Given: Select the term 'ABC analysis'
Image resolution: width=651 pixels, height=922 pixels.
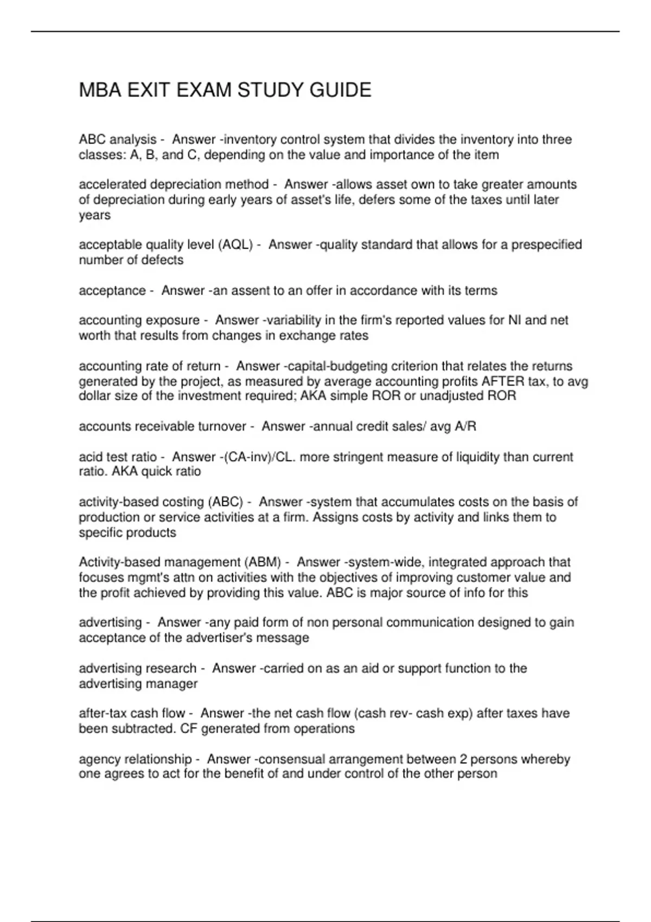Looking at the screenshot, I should [x=117, y=140].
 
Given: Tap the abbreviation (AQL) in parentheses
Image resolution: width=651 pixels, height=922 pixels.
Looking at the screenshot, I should [x=235, y=245].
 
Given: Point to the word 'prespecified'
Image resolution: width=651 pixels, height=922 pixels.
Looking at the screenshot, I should [x=547, y=245].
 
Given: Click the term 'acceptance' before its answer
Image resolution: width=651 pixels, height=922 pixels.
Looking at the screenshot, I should [x=112, y=291].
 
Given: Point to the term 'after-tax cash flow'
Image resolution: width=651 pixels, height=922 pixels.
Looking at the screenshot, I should [x=132, y=714].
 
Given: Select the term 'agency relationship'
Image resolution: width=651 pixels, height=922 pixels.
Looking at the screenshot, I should [x=135, y=759].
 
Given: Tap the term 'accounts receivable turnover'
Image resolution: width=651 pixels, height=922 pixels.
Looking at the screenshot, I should [x=162, y=427].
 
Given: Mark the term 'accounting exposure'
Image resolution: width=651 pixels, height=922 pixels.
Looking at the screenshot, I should [x=139, y=321].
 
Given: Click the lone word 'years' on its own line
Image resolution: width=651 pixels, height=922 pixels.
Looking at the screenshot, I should [x=94, y=215].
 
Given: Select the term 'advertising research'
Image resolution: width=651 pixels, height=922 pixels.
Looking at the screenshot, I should [x=137, y=669].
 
